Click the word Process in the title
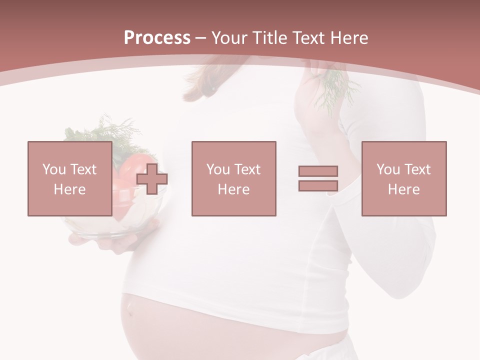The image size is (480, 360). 157,38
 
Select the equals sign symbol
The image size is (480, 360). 318,178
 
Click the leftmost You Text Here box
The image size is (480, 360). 69,178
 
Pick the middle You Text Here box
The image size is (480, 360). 233,178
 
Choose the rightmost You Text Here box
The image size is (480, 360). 403,178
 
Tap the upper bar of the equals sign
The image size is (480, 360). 318,171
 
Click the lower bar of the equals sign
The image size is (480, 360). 318,185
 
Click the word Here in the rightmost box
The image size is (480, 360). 403,189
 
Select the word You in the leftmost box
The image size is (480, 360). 54,169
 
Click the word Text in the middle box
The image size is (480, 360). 248,169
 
